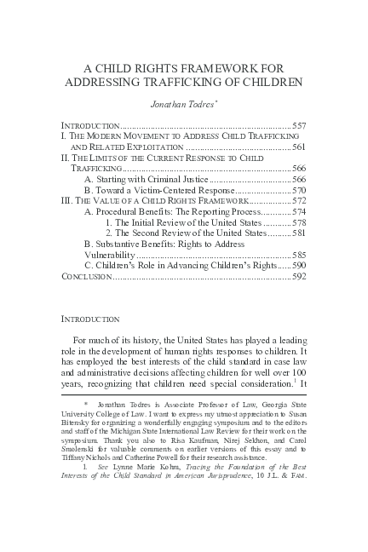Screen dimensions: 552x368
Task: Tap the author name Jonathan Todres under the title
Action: click(182, 104)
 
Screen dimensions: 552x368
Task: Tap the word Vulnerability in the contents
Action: click(109, 255)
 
